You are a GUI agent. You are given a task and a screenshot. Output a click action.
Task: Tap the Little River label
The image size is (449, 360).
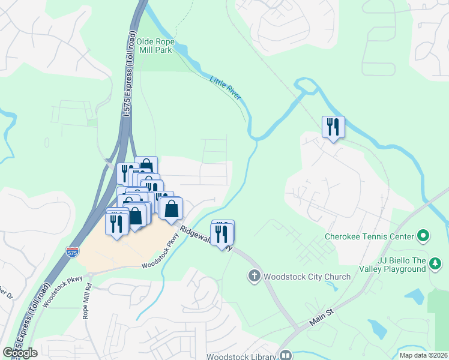(224, 88)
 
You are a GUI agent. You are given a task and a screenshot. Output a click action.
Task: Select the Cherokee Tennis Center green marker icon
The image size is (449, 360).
(423, 236)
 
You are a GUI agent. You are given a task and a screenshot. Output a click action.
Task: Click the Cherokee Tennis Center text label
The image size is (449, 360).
(369, 236)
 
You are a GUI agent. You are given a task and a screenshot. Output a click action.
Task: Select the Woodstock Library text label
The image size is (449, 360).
(241, 356)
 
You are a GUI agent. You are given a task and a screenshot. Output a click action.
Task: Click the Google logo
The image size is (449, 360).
(20, 352)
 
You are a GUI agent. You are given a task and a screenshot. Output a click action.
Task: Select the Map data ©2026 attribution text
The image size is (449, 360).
(423, 355)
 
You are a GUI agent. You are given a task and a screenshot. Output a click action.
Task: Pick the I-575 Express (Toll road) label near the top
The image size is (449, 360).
(127, 78)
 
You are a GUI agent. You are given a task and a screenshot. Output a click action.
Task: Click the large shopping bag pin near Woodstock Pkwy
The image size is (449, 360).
(172, 209)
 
